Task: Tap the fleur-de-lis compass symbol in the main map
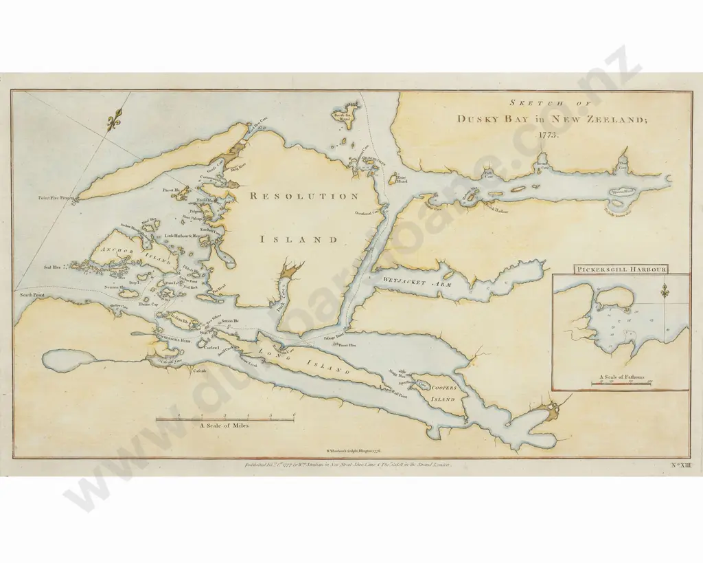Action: tap(115, 121)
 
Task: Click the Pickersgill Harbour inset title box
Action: tap(623, 269)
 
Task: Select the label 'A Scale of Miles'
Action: tap(224, 426)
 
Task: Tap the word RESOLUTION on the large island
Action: tap(303, 196)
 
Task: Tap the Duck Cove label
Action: tap(281, 298)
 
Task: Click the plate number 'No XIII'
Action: tap(678, 466)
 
